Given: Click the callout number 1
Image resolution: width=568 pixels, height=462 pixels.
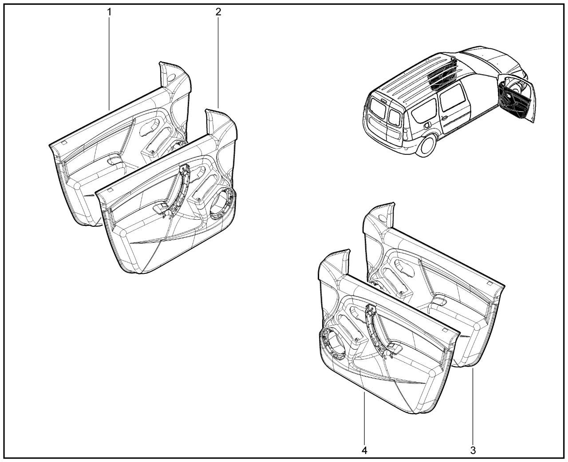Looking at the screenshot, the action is click(109, 12).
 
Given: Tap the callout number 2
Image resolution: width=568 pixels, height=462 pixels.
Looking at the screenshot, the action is click(218, 12).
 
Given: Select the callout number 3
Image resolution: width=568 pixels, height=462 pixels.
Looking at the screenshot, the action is click(473, 450).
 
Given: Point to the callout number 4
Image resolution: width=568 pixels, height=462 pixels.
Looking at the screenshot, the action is click(364, 450).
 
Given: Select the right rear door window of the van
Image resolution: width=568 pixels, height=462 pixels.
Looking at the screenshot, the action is click(394, 117).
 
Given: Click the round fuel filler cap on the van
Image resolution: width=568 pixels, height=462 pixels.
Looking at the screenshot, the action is click(426, 125).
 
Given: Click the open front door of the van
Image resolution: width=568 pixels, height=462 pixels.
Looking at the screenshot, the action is click(517, 99).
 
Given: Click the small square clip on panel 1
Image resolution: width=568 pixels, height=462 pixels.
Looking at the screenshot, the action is click(64, 143).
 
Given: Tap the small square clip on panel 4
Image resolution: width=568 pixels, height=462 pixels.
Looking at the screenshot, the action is click(444, 330).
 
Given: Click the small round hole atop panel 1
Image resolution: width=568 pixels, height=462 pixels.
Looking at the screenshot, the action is click(172, 78).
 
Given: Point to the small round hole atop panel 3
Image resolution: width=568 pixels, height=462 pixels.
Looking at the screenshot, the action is click(383, 219).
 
